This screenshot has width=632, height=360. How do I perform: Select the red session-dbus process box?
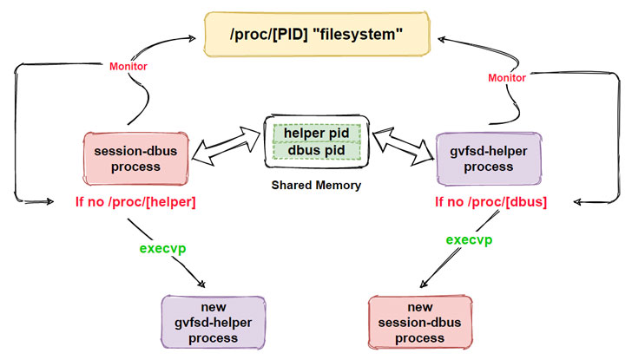click(135, 159)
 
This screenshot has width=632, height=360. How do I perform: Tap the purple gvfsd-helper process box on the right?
click(489, 159)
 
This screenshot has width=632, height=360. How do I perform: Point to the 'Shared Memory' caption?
click(315, 186)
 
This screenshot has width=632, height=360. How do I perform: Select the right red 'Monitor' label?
click(507, 77)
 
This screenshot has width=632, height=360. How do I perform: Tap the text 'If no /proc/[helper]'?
click(134, 202)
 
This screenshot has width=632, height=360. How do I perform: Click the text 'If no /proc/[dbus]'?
click(491, 202)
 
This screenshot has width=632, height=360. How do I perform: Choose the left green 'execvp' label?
click(164, 249)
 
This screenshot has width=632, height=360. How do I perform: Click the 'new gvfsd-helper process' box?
click(213, 321)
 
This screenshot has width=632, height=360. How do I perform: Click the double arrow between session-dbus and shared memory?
click(227, 145)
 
